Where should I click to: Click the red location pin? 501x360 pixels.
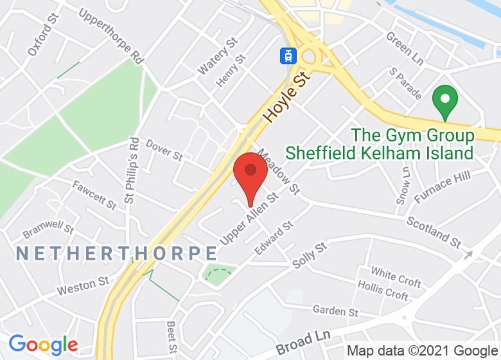click(x=251, y=174)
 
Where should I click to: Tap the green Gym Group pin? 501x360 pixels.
click(x=444, y=102)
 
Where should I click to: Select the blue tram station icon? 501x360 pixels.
click(x=287, y=55)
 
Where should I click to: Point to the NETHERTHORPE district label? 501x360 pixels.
click(x=117, y=253)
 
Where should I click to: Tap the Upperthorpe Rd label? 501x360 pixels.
click(x=110, y=35)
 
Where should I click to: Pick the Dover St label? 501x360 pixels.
click(x=164, y=150)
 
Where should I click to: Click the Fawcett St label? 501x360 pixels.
click(x=94, y=195)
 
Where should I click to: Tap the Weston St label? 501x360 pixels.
click(x=83, y=285)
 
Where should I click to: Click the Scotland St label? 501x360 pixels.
click(x=434, y=231)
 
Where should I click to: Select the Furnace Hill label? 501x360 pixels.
click(x=443, y=186)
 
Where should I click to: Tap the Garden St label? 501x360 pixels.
click(x=335, y=311)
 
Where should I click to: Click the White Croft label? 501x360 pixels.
click(x=396, y=277)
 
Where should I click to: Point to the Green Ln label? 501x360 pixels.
click(x=405, y=48)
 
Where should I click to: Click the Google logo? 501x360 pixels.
click(x=43, y=345)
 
